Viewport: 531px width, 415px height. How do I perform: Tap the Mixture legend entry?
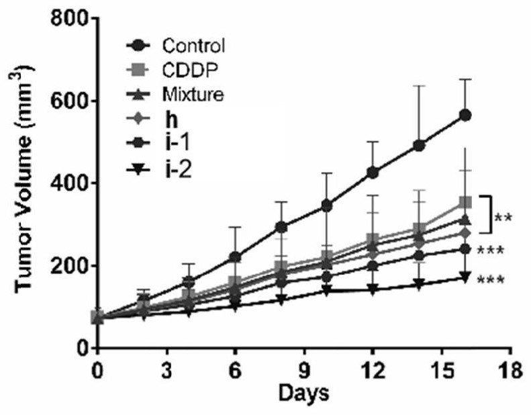pyautogui.click(x=193, y=95)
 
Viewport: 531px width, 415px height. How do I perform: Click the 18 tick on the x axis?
pyautogui.click(x=511, y=369)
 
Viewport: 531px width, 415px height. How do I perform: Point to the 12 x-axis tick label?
pyautogui.click(x=373, y=369)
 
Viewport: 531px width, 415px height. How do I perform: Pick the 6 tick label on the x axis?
pyautogui.click(x=235, y=369)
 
